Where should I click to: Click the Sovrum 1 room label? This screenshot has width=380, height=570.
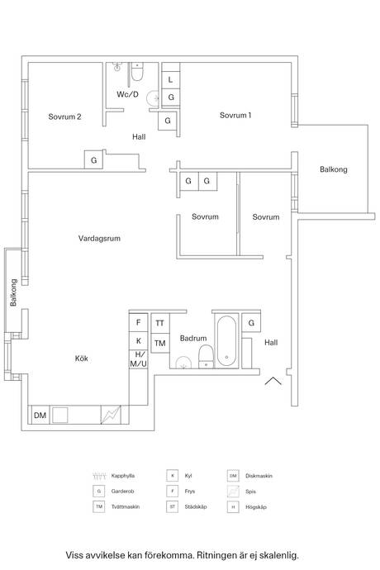(235, 116)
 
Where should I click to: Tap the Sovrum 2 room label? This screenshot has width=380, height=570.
(64, 116)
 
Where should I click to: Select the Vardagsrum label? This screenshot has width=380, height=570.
(100, 238)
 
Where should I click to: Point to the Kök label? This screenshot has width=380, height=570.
(81, 359)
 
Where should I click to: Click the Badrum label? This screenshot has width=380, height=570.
(192, 339)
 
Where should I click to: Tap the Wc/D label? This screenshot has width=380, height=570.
(126, 95)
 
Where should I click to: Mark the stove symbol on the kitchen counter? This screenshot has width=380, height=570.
(111, 415)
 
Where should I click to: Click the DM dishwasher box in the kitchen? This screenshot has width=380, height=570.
(40, 416)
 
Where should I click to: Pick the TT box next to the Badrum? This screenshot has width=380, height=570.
(159, 323)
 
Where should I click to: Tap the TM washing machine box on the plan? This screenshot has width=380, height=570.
(159, 343)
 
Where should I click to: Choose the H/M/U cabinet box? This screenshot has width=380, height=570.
(139, 359)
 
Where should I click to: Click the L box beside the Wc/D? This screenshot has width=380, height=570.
(170, 80)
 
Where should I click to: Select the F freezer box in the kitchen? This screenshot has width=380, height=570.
(139, 323)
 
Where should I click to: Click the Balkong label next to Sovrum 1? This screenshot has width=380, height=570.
(334, 169)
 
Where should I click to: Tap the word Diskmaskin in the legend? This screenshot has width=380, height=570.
(261, 477)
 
